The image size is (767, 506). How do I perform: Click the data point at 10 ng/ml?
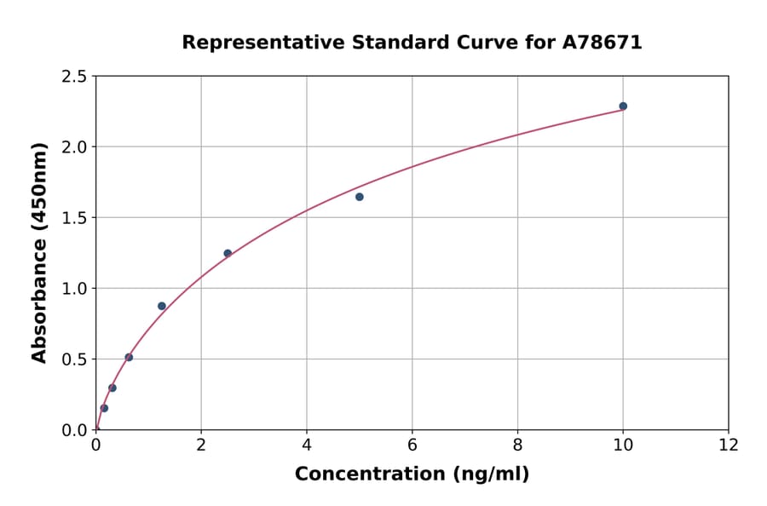coord(623,106)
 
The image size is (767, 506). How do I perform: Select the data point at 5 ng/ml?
coord(360,197)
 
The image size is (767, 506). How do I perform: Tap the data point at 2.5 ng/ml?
coord(228,253)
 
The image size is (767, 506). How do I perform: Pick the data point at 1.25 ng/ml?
coord(162,306)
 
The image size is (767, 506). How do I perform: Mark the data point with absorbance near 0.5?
coord(129,357)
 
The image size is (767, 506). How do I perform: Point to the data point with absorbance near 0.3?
coord(112,388)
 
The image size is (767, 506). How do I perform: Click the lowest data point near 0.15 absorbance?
coord(104,408)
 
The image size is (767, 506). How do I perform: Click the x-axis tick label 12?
coord(729,444)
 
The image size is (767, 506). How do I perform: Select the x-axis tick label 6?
coord(412,444)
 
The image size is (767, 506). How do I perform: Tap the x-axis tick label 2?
coord(201,444)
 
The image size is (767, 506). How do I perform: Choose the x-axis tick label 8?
coord(517,444)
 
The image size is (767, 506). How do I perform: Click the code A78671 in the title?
coord(603,42)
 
